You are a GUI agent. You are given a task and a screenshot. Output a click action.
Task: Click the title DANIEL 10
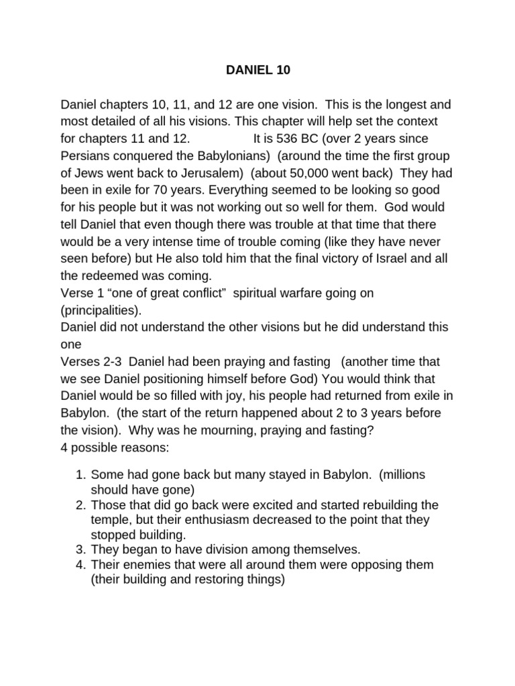pos(257,70)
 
